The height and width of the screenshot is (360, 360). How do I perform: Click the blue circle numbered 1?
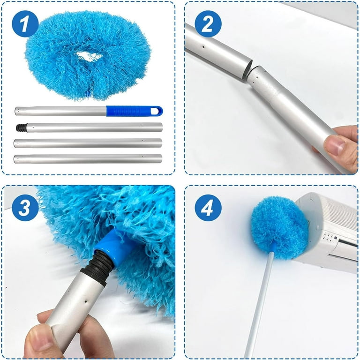click(25, 23)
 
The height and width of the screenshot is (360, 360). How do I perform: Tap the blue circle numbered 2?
click(208, 23)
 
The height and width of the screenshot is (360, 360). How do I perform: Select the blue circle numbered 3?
click(25, 208)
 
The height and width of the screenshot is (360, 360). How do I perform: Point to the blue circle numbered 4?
click(208, 208)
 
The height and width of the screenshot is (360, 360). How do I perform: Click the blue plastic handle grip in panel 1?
click(135, 111)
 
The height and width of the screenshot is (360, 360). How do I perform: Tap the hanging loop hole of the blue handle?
click(156, 112)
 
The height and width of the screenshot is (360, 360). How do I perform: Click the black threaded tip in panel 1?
click(22, 127)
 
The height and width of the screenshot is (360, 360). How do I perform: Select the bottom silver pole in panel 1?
click(88, 158)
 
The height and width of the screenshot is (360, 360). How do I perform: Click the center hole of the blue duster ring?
click(89, 56)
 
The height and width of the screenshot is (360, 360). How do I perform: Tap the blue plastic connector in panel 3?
click(115, 247)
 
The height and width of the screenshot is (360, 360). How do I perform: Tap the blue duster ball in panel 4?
click(279, 227)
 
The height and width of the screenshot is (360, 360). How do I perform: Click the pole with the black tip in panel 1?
click(90, 127)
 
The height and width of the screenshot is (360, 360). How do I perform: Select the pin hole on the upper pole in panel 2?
click(203, 47)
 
